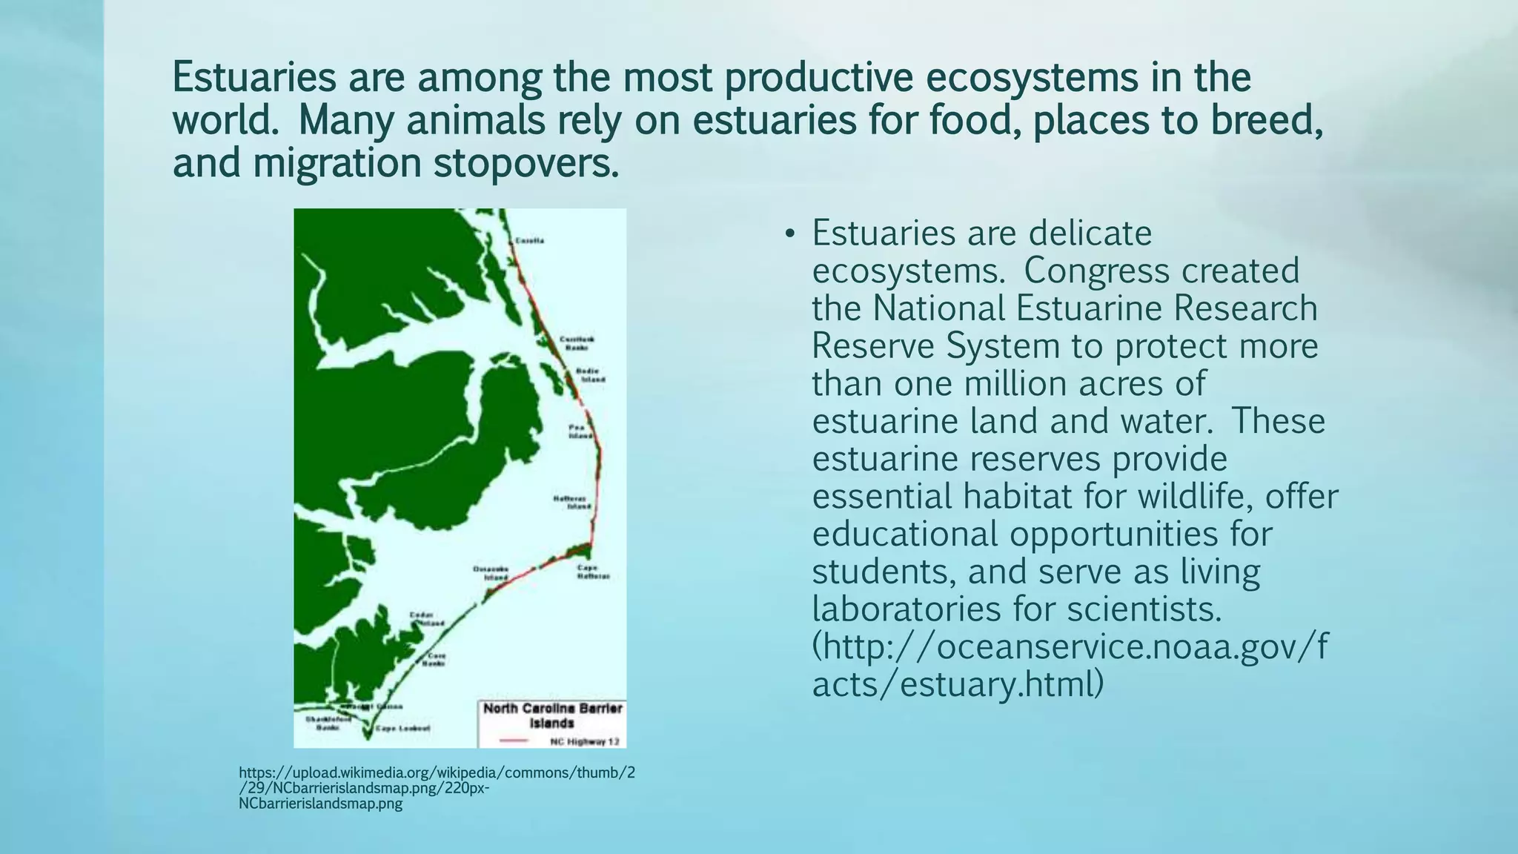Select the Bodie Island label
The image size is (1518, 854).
point(590,375)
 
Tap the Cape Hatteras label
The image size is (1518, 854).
point(593,572)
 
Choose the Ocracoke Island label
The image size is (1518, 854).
point(491,573)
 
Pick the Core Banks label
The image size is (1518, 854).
point(435,660)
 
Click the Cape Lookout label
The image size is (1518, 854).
point(402,729)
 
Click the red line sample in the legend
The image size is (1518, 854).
point(512,741)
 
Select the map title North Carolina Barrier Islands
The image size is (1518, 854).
point(552,715)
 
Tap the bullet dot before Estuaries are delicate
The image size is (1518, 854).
point(789,235)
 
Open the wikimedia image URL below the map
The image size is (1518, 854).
point(437,788)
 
